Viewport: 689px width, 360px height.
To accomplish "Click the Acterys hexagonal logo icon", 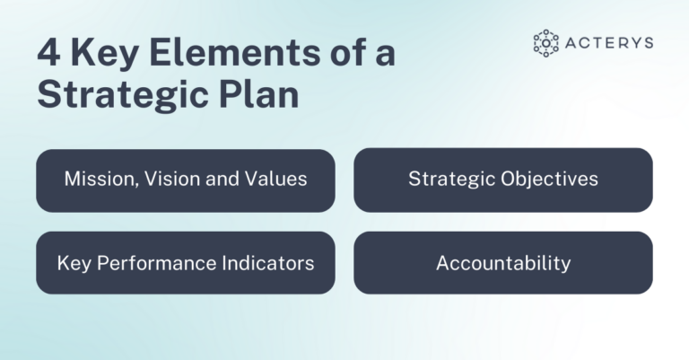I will (x=545, y=43).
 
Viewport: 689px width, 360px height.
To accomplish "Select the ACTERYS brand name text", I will (x=610, y=43).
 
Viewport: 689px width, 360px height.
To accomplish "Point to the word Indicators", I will (x=267, y=263).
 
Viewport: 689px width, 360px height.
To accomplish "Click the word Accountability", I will (x=502, y=263).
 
